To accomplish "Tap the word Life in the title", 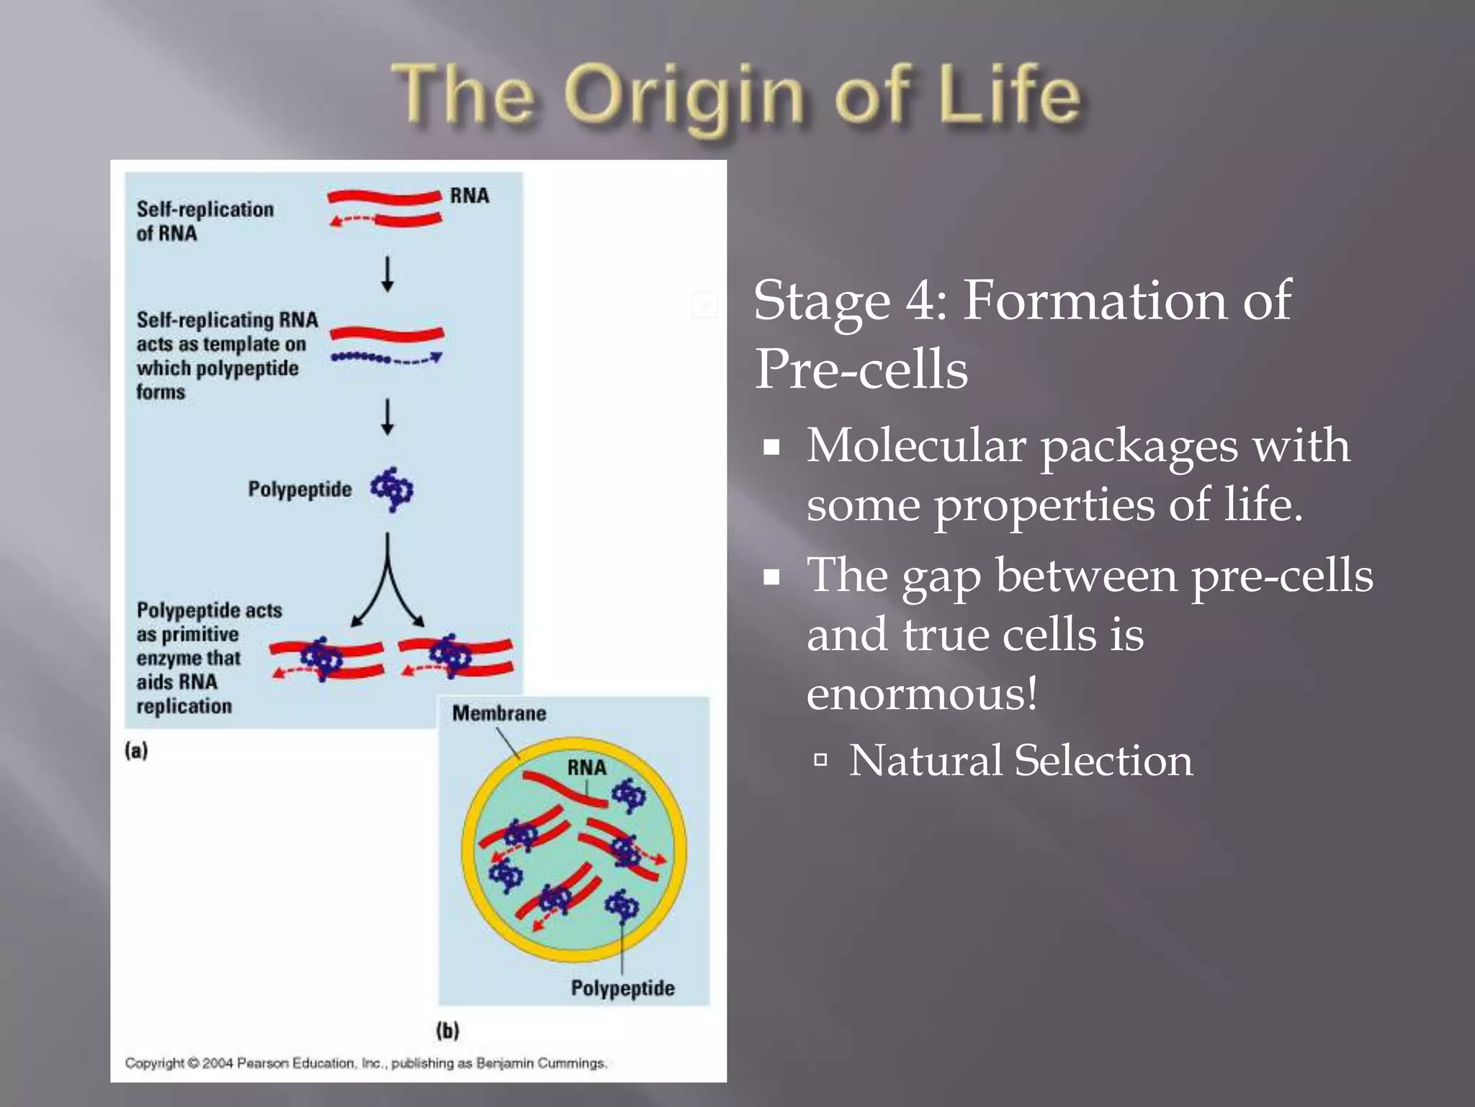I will tap(1008, 94).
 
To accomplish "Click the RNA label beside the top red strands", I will tap(469, 196).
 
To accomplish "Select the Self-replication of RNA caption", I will tap(205, 221).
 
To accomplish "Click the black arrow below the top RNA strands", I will tap(387, 274).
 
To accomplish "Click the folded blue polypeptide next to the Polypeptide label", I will tap(392, 489).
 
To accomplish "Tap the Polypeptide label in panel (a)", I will tap(300, 489).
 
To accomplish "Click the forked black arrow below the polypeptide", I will tap(387, 584).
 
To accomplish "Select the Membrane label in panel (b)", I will tap(498, 713).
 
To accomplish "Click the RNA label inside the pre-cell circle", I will tap(586, 768).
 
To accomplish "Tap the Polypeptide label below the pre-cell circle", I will tap(622, 988).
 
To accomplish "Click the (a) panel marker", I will tap(136, 751).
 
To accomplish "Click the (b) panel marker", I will tap(447, 1031).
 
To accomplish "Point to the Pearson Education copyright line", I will tap(366, 1063).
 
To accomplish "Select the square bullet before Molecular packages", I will tap(772, 448).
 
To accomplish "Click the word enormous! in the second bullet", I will tap(922, 694).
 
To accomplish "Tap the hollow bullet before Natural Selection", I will tap(820, 760).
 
